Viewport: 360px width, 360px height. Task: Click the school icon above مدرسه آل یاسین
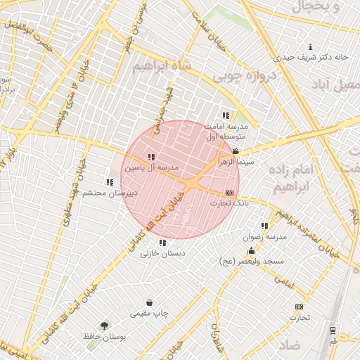(x=151, y=157)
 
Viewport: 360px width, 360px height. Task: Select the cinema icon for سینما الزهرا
(x=235, y=150)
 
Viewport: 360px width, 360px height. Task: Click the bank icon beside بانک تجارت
(x=229, y=192)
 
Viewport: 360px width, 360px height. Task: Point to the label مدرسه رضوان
(x=265, y=237)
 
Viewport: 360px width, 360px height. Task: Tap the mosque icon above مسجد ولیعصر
(x=251, y=251)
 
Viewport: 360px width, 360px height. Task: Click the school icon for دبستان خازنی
(x=162, y=243)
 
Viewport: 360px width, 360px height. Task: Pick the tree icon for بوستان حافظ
(x=105, y=326)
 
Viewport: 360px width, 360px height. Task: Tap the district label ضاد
(x=289, y=345)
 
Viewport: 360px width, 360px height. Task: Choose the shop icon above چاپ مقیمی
(x=150, y=302)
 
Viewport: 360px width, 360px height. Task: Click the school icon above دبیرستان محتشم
(x=109, y=182)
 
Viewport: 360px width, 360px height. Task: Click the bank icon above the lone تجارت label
(x=300, y=307)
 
